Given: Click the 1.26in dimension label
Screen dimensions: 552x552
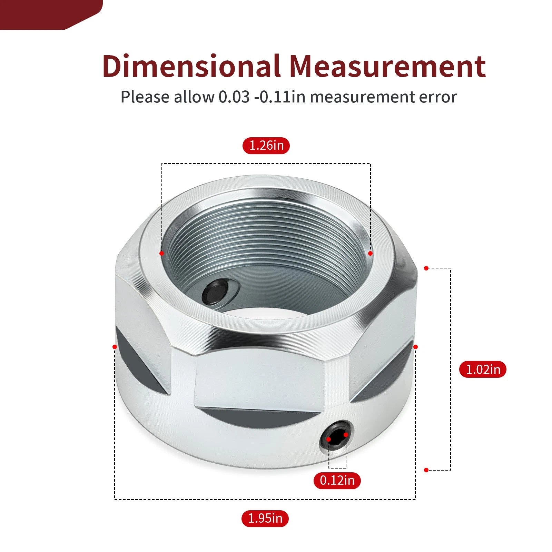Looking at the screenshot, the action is [x=266, y=145].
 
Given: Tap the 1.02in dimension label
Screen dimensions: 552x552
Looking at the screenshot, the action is [x=483, y=369].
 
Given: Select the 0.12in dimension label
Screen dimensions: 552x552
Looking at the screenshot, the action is [x=337, y=480].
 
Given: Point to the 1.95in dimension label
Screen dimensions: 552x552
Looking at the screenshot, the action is [x=265, y=518].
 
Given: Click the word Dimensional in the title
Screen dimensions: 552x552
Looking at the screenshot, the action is [x=191, y=66].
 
